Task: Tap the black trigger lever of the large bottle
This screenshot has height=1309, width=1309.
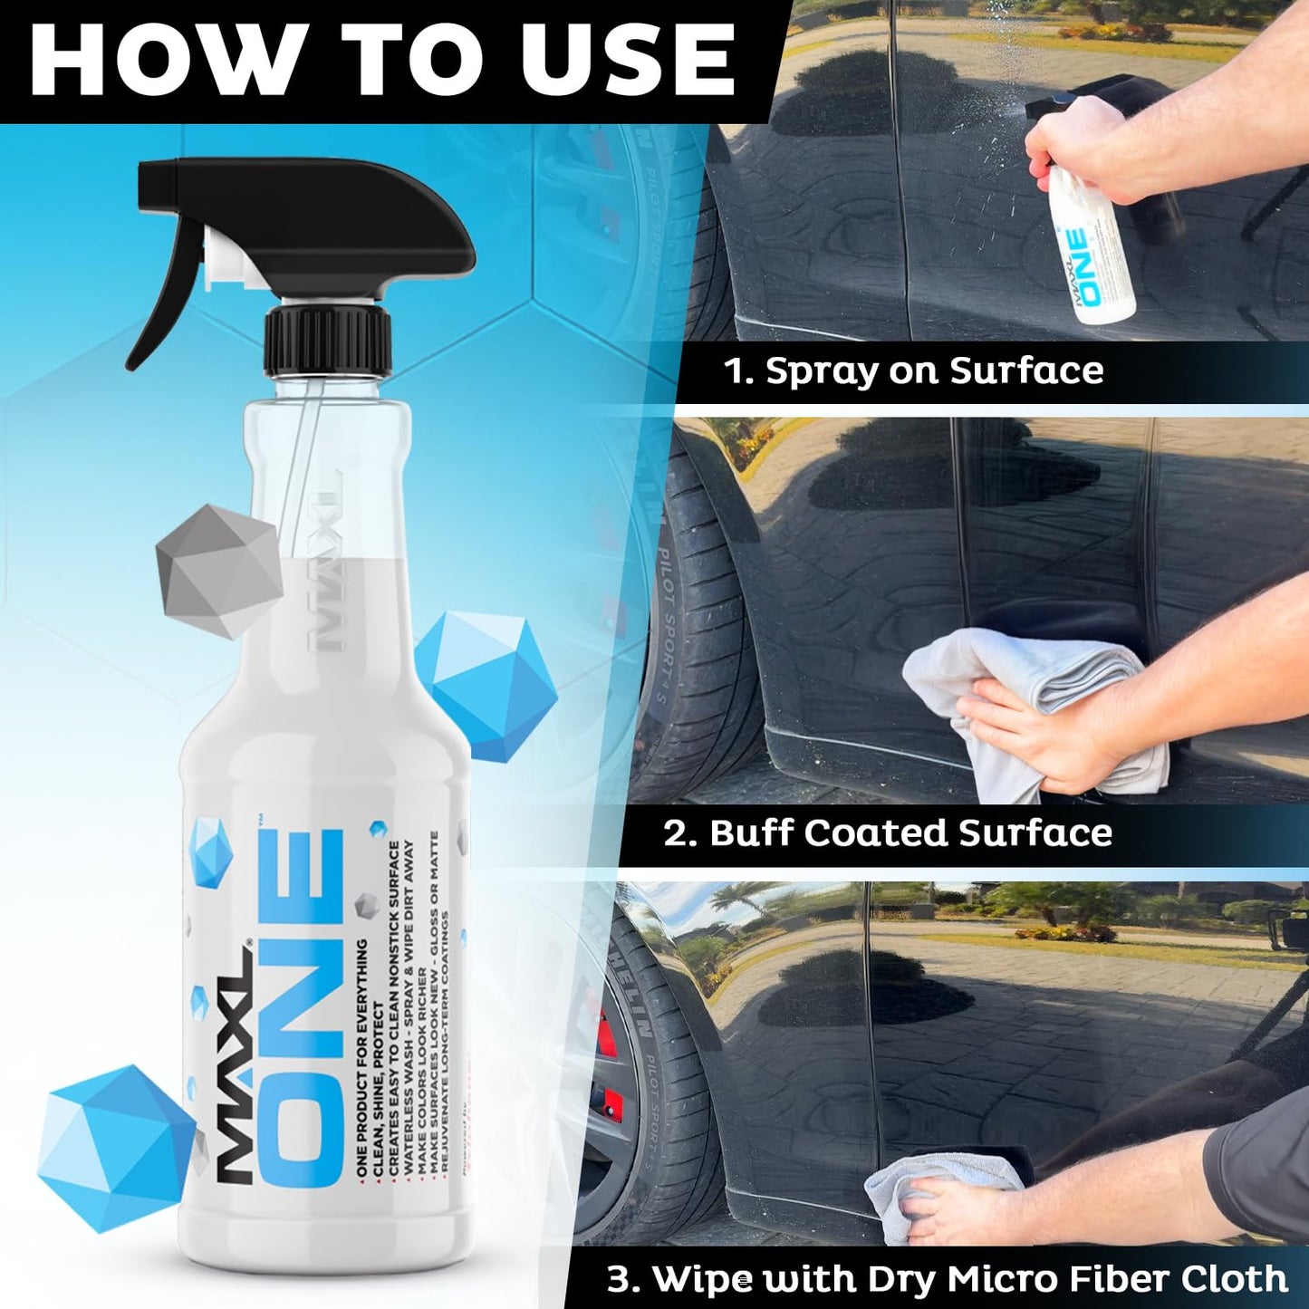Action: click(x=163, y=299)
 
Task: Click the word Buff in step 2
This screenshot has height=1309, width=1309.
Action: click(x=751, y=833)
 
